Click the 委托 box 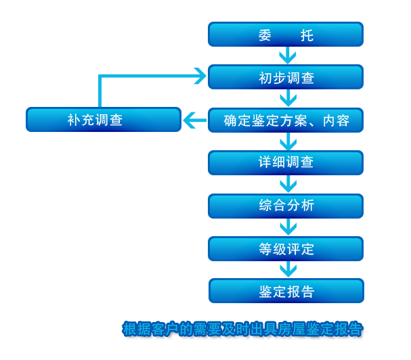tap(285, 35)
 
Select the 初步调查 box tap(285, 77)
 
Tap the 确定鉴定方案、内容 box tap(285, 120)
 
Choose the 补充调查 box tap(103, 120)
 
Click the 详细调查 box tap(285, 162)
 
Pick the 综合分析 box tap(285, 206)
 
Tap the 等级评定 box tap(285, 248)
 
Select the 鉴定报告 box tap(286, 291)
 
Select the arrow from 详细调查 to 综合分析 tap(288, 184)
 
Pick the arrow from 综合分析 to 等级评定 tap(288, 227)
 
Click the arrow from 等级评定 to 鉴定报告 tap(288, 269)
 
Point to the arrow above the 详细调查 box tap(288, 141)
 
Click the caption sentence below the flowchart tap(242, 330)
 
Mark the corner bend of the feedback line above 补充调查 tap(100, 76)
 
